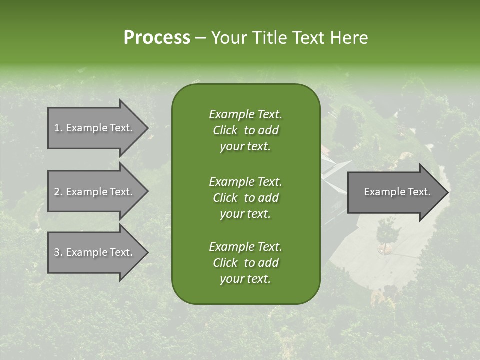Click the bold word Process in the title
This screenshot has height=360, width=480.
point(157,37)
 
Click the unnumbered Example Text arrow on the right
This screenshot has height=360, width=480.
point(395,192)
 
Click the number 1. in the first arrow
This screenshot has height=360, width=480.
point(58,128)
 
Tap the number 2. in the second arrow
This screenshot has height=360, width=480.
point(58,192)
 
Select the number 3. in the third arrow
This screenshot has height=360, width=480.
point(58,252)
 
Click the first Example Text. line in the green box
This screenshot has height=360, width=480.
point(245,114)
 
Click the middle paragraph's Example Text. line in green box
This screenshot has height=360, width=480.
point(245,181)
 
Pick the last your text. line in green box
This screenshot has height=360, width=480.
point(245,279)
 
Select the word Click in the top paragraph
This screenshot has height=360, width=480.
point(225,130)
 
